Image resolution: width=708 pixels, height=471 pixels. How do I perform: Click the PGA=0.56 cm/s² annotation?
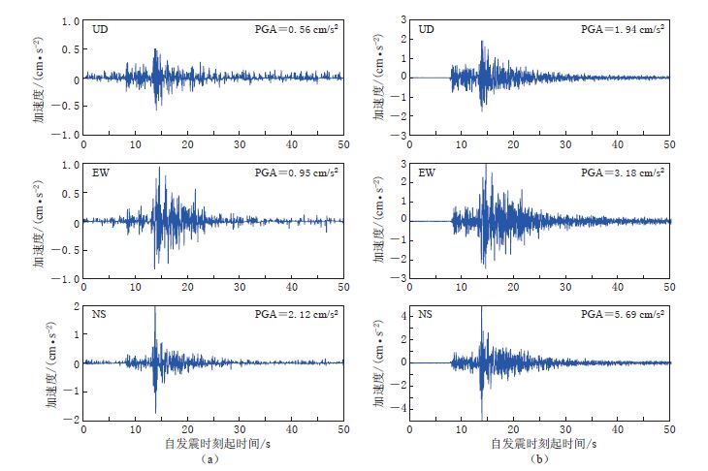pos(297,29)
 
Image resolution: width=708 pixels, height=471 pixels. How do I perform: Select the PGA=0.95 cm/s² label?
pos(297,173)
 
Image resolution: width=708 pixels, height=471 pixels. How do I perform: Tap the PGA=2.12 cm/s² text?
pos(297,315)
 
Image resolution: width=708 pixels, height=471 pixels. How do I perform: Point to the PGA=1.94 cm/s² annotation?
pos(622,29)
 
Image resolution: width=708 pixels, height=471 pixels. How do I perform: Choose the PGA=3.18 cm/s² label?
pos(622,173)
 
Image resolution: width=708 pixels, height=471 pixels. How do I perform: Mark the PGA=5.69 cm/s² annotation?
pos(622,315)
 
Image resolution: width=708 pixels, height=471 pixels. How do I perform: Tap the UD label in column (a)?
pos(100,30)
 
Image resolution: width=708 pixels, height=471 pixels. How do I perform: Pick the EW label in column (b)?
pos(426,173)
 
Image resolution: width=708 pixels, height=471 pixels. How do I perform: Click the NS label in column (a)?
pos(100,315)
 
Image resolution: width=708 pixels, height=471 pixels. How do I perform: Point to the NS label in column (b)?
pos(425,315)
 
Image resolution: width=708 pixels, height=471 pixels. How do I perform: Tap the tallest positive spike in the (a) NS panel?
pos(155,308)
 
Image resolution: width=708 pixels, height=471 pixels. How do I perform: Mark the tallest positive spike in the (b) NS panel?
pos(481,308)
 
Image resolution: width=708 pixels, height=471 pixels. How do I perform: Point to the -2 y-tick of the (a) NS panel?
pos(72,420)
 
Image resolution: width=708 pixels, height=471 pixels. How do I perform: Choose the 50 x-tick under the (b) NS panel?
pos(669,428)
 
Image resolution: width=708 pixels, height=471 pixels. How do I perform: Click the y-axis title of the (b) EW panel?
pos(375,221)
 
